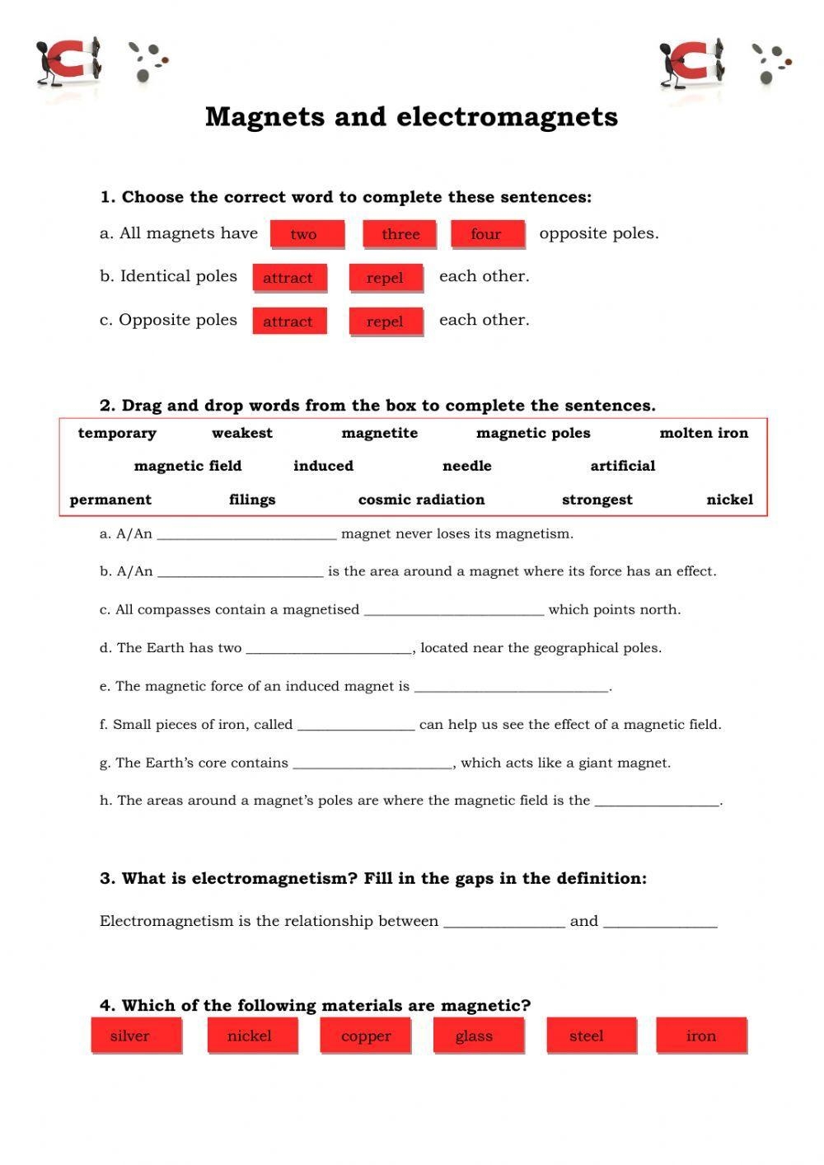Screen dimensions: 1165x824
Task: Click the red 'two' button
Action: click(303, 234)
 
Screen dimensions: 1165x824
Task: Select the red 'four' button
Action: click(486, 234)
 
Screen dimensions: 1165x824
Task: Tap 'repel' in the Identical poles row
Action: click(385, 278)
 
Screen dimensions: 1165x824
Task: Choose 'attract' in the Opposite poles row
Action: click(288, 322)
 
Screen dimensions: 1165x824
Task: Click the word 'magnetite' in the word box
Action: click(379, 433)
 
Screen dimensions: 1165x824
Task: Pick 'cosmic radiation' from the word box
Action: click(421, 500)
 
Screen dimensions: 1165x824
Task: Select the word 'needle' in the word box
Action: click(466, 466)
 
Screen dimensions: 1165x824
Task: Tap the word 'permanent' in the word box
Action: click(110, 500)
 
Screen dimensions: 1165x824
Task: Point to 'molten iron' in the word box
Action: click(704, 433)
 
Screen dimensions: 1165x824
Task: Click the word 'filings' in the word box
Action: click(252, 500)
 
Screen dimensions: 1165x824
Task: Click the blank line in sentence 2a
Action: click(246, 535)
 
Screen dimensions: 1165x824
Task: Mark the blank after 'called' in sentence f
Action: click(355, 726)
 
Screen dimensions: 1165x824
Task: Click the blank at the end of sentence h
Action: click(657, 801)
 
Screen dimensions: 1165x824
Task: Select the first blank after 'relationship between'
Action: click(503, 923)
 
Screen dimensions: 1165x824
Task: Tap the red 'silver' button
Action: click(130, 1036)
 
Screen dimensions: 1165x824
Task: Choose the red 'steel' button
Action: click(587, 1036)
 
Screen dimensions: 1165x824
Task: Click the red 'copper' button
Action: click(366, 1036)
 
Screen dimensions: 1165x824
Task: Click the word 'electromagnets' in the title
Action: click(507, 117)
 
